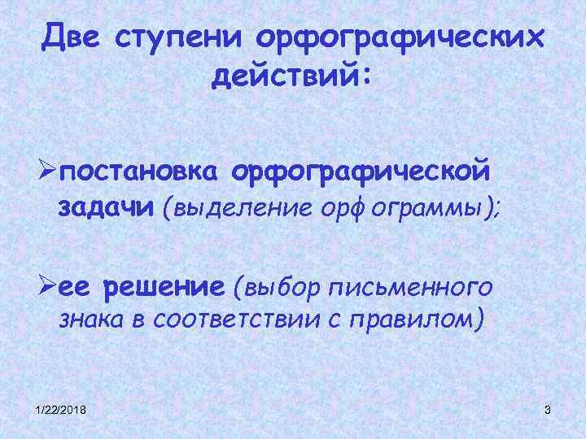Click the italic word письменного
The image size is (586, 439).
click(412, 288)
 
